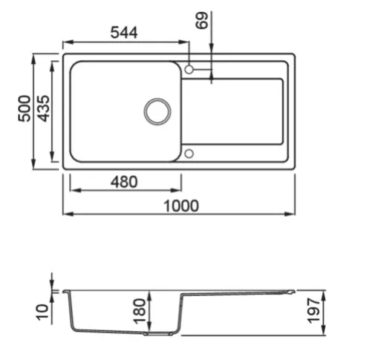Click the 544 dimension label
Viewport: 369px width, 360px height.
click(x=124, y=33)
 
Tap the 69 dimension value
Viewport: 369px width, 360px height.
click(x=202, y=21)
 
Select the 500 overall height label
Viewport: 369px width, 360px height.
click(x=25, y=108)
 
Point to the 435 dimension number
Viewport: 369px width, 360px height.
click(x=44, y=108)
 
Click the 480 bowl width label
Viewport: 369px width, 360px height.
click(x=124, y=182)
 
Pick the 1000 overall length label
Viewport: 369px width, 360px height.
click(x=181, y=206)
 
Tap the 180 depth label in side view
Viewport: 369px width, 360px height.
click(x=140, y=311)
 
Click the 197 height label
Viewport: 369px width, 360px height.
click(x=313, y=311)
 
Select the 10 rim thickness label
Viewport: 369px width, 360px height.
click(x=42, y=312)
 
